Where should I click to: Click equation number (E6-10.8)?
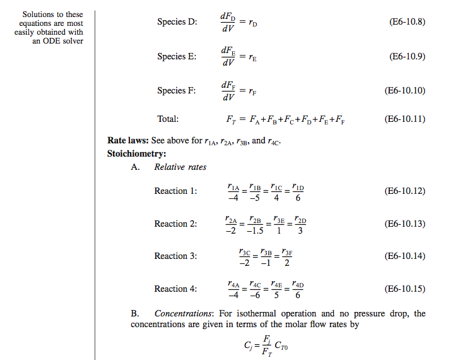(408, 21)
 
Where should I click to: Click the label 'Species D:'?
(177, 22)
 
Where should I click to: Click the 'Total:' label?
(168, 119)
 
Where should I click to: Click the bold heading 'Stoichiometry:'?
(137, 153)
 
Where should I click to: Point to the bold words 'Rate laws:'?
(128, 141)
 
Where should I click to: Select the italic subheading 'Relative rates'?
(180, 167)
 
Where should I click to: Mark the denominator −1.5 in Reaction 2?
(255, 231)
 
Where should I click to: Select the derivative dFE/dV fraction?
(228, 56)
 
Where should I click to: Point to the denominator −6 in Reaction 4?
(255, 296)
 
